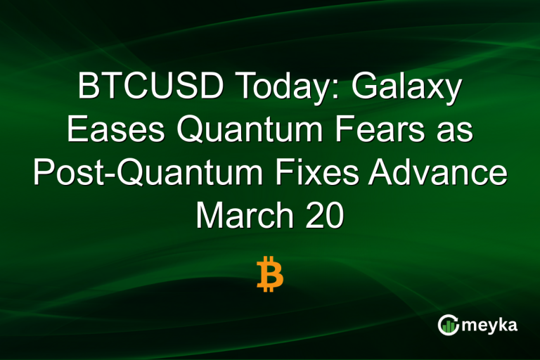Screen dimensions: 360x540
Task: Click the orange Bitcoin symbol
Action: point(269,274)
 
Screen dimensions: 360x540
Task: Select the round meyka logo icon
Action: point(449,324)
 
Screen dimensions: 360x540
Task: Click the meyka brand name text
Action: point(491,326)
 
